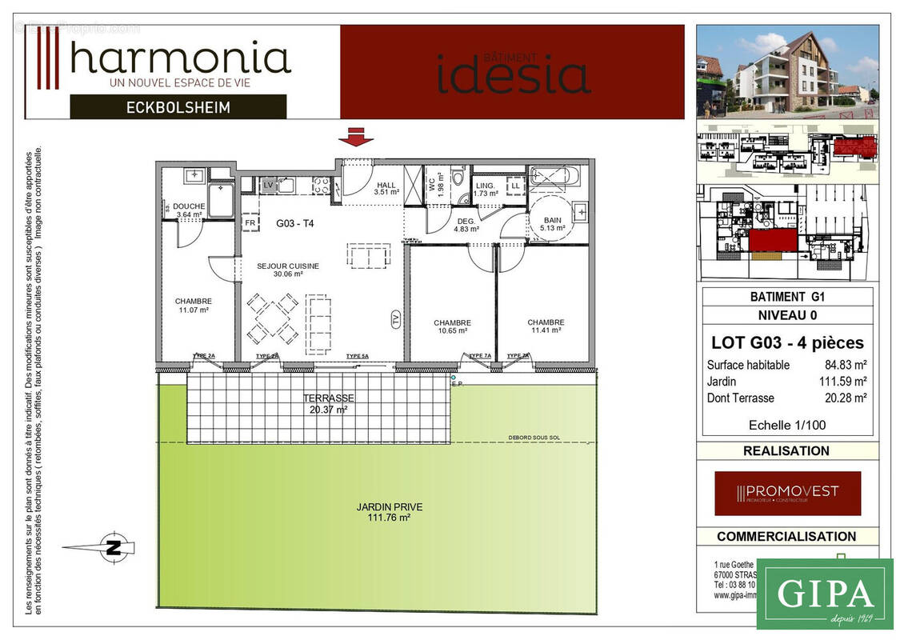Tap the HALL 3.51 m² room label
[x=387, y=188]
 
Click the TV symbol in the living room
[x=395, y=319]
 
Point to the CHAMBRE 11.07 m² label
[x=193, y=305]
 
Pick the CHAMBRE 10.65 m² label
[x=452, y=326]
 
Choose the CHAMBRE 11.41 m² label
[x=545, y=326]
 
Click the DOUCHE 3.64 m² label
[x=189, y=210]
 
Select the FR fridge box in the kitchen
[x=249, y=223]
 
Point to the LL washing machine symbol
[x=515, y=186]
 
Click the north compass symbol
[x=113, y=548]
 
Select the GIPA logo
[x=824, y=594]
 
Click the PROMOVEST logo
[x=787, y=493]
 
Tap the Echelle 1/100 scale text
[x=786, y=425]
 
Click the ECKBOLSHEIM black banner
[x=178, y=107]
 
